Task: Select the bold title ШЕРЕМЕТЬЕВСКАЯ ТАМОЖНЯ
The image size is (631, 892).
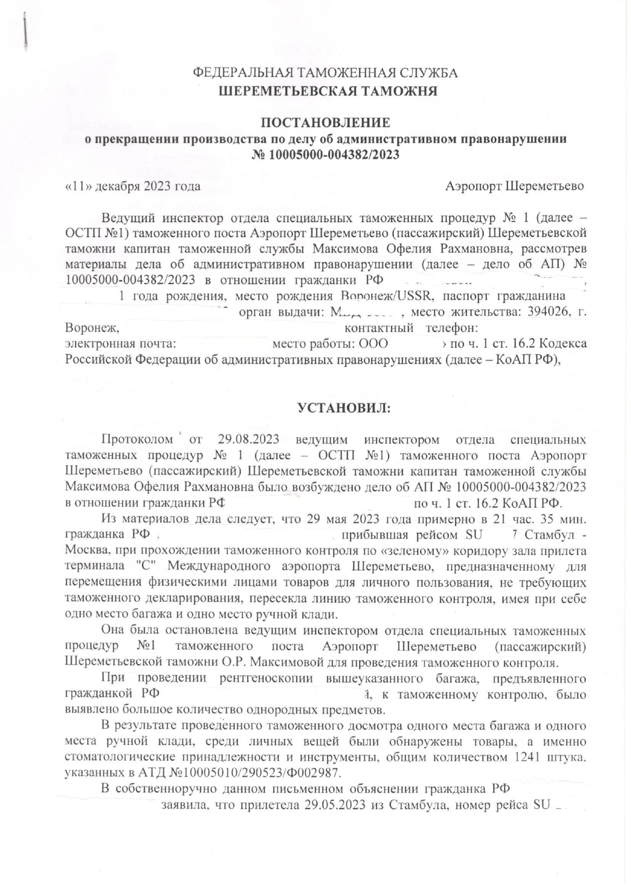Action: (328, 91)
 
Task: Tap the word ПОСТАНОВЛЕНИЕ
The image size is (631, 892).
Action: (326, 122)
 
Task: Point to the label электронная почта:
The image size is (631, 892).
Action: (120, 344)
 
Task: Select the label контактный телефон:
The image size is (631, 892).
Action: (412, 328)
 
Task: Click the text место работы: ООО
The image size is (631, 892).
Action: (330, 344)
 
